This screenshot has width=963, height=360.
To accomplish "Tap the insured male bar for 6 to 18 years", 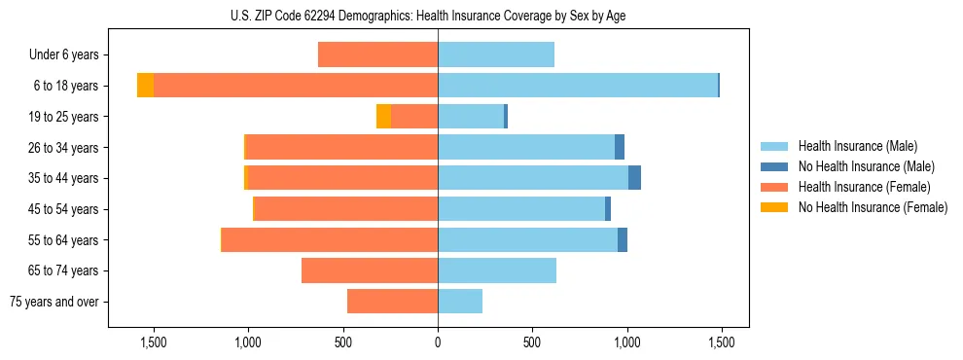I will (578, 86).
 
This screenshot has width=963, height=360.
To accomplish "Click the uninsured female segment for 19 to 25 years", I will (383, 117).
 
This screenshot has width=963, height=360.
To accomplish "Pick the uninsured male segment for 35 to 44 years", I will (634, 178).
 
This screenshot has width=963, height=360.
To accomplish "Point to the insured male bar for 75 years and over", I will (460, 302).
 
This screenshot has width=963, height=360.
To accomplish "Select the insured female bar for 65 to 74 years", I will (370, 270).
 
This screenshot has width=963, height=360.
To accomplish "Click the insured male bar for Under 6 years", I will (496, 54).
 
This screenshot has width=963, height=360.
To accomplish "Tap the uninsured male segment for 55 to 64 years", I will (623, 239).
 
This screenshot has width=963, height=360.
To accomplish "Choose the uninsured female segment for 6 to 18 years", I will (145, 86).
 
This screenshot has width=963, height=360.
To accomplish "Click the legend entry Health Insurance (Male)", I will (856, 146).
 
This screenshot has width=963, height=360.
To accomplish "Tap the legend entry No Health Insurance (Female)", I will (873, 207).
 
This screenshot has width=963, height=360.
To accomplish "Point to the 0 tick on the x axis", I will (438, 342).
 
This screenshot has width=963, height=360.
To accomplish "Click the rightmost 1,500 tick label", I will (721, 342).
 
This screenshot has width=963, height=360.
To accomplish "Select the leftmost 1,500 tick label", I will (154, 342).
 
